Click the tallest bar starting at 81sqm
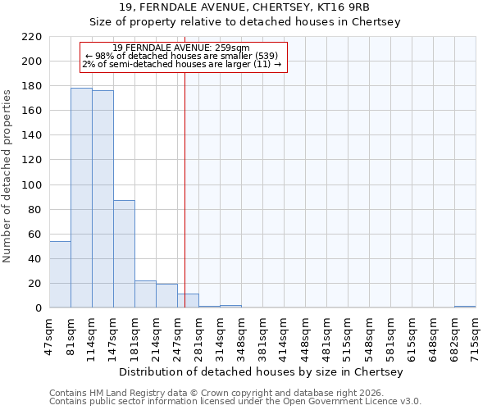tap(81, 198)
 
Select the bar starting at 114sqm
tap(102, 199)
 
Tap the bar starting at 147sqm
tap(124, 254)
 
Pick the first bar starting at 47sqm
tap(60, 275)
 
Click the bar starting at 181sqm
tap(145, 294)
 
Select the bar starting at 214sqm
tap(166, 296)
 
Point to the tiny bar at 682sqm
tap(465, 307)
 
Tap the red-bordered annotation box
tap(184, 57)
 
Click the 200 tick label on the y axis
tap(32, 61)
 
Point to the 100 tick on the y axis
tap(32, 185)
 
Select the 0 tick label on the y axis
tap(38, 308)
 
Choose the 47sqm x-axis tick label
tap(49, 334)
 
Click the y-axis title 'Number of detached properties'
tap(8, 177)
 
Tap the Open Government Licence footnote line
tap(235, 402)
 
